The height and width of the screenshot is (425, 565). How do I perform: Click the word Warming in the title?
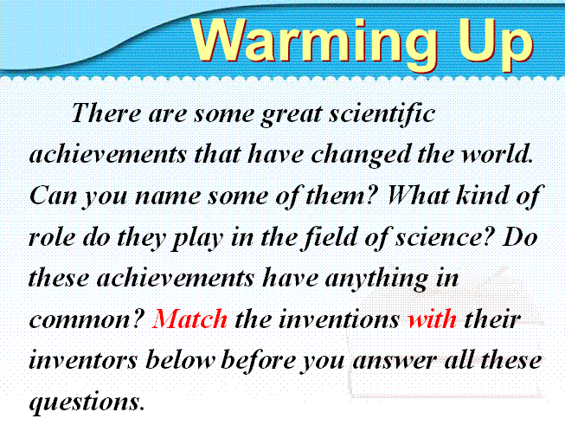click(x=314, y=42)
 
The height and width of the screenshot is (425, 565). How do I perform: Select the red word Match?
click(x=189, y=319)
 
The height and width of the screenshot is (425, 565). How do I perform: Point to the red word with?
click(x=433, y=319)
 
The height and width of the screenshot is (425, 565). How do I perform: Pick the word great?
click(x=292, y=115)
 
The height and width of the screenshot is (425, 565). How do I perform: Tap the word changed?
click(x=361, y=155)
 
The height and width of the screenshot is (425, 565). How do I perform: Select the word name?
click(x=167, y=196)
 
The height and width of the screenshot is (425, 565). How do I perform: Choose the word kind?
click(x=482, y=195)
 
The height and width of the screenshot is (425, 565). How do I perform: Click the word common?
click(x=87, y=319)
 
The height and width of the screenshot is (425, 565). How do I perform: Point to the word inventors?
click(x=83, y=360)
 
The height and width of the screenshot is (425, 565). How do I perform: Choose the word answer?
click(x=395, y=360)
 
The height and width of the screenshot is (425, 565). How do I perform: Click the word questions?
click(x=87, y=402)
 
